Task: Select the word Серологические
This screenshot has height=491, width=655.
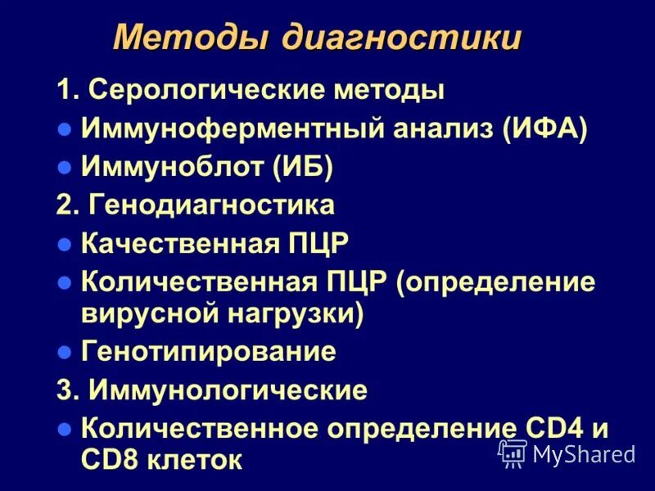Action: pyautogui.click(x=205, y=89)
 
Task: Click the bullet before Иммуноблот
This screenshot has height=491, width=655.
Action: pyautogui.click(x=65, y=169)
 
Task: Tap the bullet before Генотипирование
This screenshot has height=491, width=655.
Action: pyautogui.click(x=65, y=353)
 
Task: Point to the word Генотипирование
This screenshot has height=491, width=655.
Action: pyautogui.click(x=209, y=352)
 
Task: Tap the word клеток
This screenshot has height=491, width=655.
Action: pyautogui.click(x=197, y=459)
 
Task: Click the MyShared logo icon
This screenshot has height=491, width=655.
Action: pyautogui.click(x=513, y=453)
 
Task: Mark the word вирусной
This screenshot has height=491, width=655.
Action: pyautogui.click(x=142, y=313)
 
